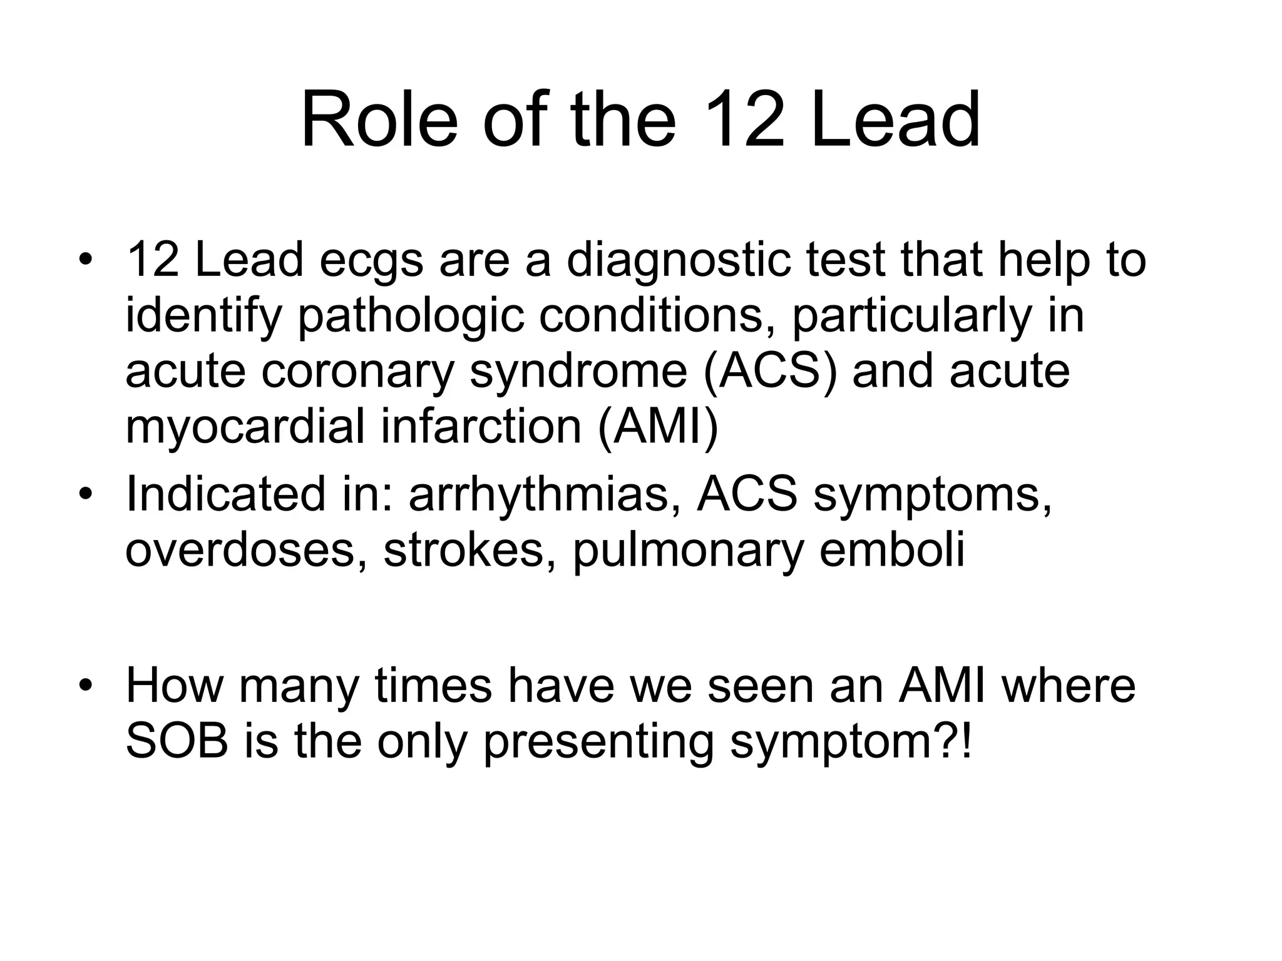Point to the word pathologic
coord(410,316)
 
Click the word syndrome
coord(579,372)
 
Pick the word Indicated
coord(225,494)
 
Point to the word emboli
coord(891,550)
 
